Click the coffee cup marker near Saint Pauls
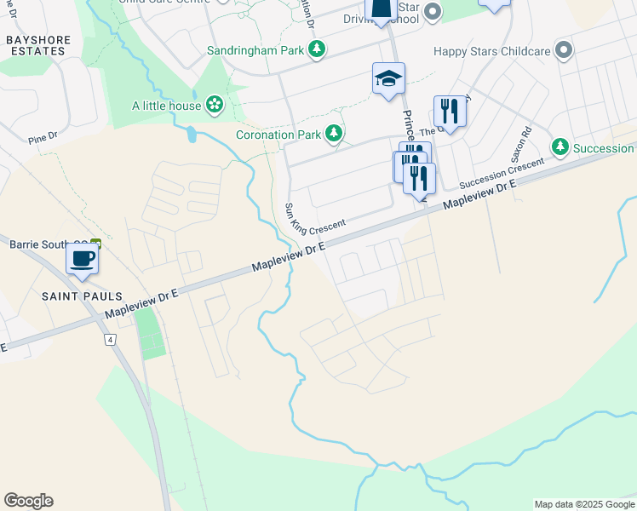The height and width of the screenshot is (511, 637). coord(83,258)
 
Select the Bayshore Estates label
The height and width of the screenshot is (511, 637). coord(36,45)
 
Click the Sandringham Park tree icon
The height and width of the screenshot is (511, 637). coord(317,49)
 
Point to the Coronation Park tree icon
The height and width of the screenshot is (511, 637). coord(335,134)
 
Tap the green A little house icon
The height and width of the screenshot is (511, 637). coord(215,106)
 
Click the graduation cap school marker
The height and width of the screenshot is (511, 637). coord(388,79)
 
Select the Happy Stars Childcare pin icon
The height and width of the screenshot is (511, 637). coord(562,50)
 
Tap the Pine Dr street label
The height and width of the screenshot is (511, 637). coord(42,135)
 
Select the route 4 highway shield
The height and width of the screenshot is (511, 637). coord(111,339)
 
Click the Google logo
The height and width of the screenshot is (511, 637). coord(28,501)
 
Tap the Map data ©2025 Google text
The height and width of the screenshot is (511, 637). coord(583,504)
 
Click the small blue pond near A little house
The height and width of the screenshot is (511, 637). coord(191,134)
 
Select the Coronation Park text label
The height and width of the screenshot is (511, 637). coord(278,135)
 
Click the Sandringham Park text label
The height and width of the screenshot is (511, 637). coord(255,50)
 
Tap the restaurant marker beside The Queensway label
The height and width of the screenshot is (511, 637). coord(450,111)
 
